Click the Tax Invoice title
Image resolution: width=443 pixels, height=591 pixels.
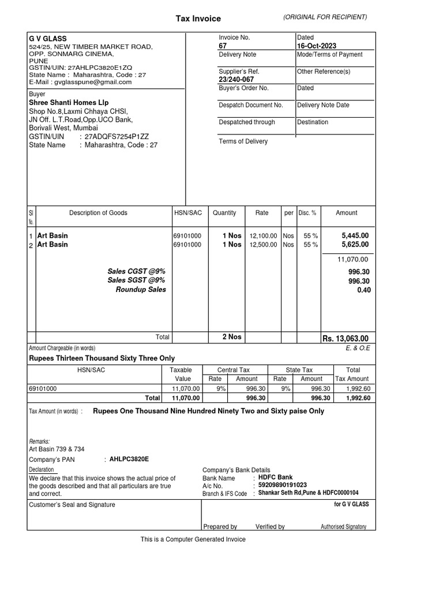(x=198, y=18)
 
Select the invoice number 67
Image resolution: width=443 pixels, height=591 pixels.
(x=223, y=46)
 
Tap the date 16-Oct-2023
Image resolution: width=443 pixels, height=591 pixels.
(x=317, y=46)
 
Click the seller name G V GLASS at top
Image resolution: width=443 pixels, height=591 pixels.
(x=48, y=38)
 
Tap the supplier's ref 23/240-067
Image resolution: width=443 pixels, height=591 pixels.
(x=236, y=80)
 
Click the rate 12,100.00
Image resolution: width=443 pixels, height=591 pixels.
(x=263, y=236)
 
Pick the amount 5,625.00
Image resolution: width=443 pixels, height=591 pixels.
(x=355, y=245)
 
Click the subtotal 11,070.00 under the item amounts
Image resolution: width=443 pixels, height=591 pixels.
(x=352, y=260)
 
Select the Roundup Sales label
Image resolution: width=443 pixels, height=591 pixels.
(x=141, y=290)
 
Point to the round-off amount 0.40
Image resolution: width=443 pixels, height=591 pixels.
(x=363, y=290)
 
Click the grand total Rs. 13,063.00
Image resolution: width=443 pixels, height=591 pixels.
(x=345, y=338)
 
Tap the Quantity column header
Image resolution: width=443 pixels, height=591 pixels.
(x=224, y=213)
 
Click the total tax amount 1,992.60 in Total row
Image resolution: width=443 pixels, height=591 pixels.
(x=357, y=398)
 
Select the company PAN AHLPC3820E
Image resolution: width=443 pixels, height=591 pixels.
(x=129, y=459)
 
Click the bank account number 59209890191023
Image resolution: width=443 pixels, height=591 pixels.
(x=283, y=485)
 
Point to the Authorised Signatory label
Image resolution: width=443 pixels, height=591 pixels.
(x=343, y=527)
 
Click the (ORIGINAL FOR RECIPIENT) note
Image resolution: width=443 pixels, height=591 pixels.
(x=325, y=17)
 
